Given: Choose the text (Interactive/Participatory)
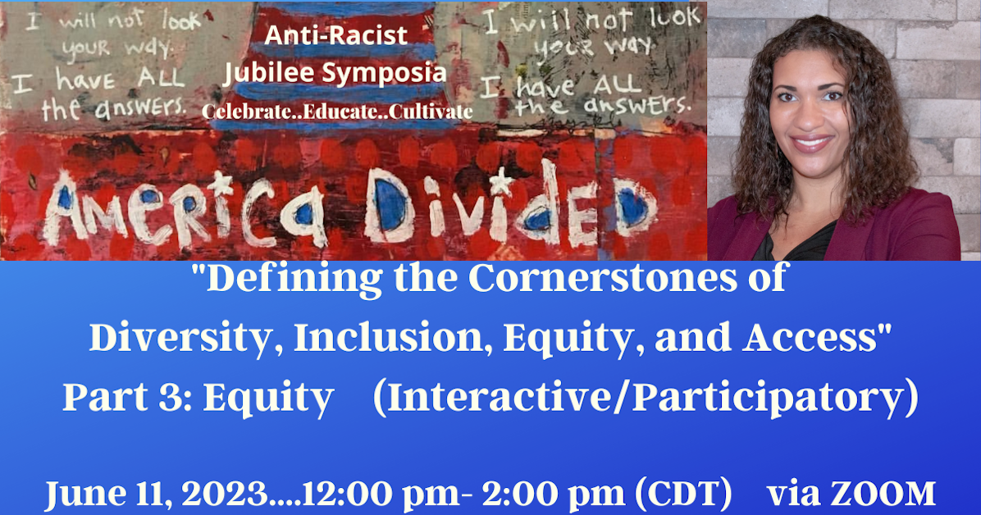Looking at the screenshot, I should pos(645,398).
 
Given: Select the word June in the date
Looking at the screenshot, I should pos(80,494).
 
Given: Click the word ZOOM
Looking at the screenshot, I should pos(890,494).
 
